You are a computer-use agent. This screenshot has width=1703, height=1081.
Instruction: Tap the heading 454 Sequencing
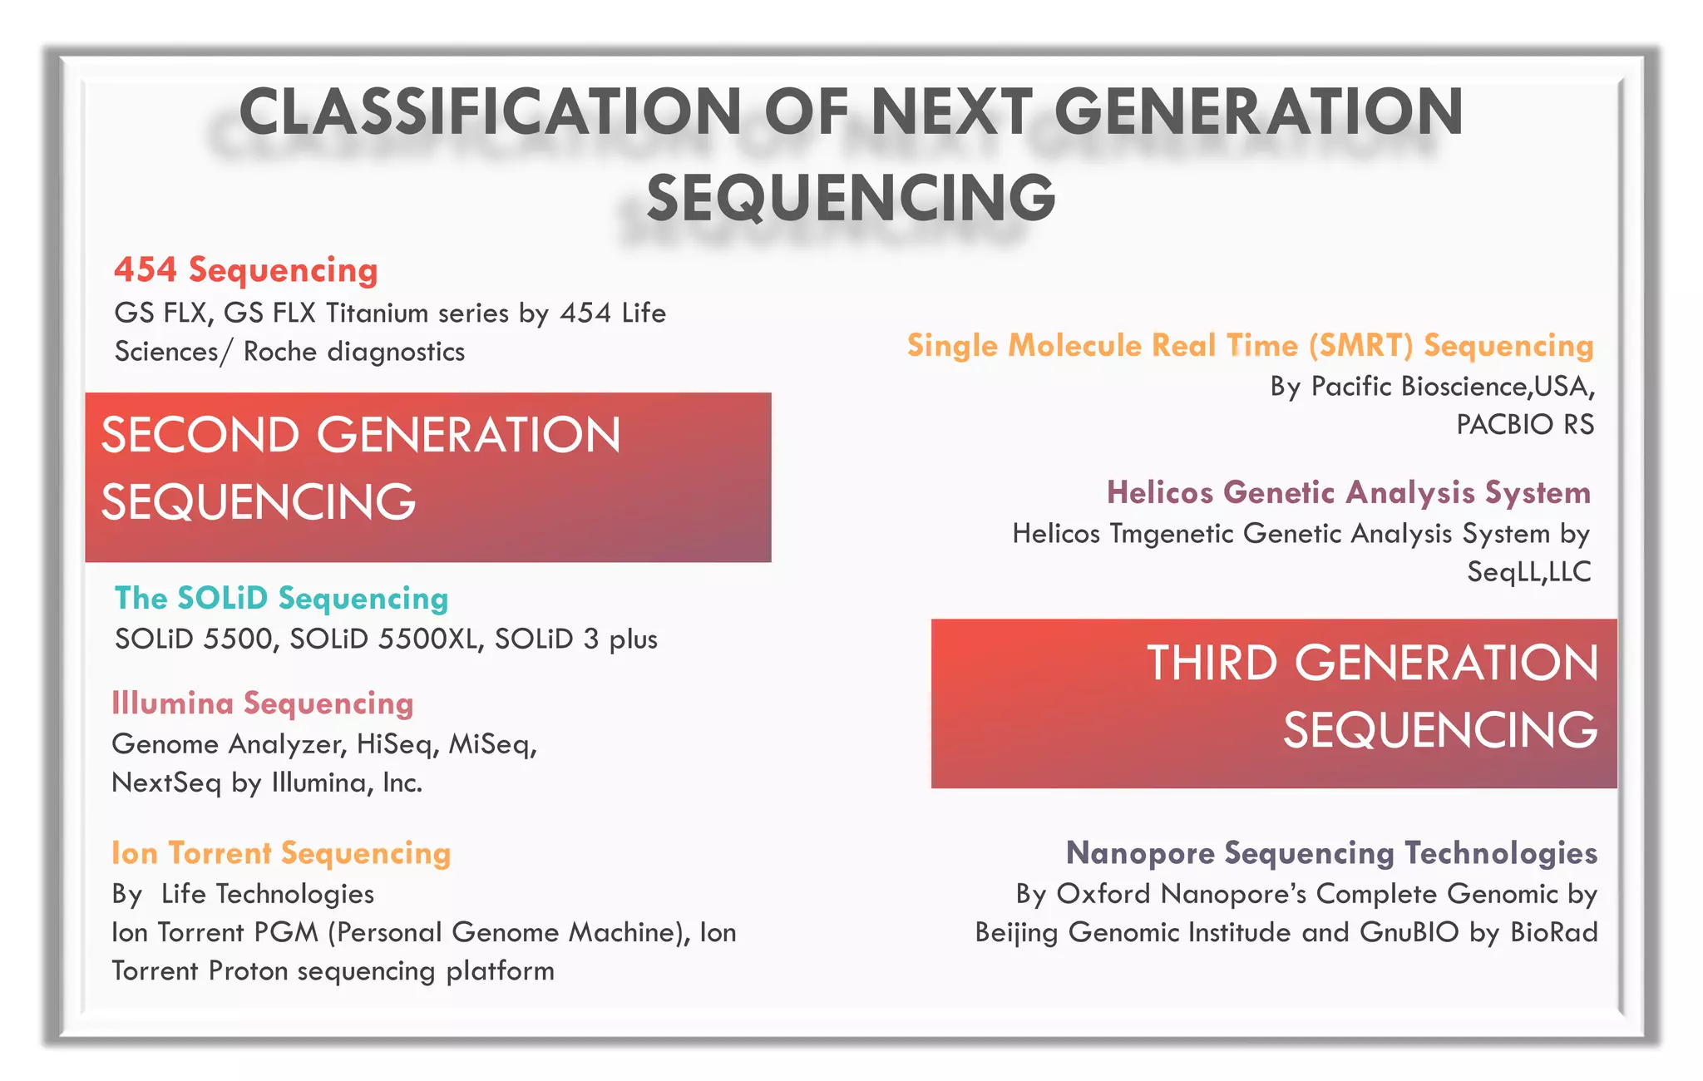[x=245, y=270]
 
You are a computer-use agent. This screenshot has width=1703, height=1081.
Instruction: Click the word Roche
[x=280, y=352]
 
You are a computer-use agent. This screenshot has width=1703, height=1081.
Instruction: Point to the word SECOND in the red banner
[x=200, y=435]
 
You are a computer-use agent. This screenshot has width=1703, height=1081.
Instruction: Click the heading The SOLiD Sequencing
[x=281, y=599]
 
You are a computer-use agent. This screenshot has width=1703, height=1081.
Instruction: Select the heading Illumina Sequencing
[x=262, y=703]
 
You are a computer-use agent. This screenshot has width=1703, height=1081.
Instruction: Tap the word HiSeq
[x=394, y=744]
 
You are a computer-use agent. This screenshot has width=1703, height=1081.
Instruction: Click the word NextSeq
[x=166, y=783]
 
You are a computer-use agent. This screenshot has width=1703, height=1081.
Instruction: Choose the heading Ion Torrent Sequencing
[x=281, y=853]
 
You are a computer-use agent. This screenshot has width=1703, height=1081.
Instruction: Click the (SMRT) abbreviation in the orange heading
[x=1360, y=346]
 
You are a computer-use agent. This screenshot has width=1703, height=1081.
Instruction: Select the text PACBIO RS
[x=1525, y=425]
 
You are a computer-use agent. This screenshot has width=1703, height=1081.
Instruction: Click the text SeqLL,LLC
[x=1528, y=572]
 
